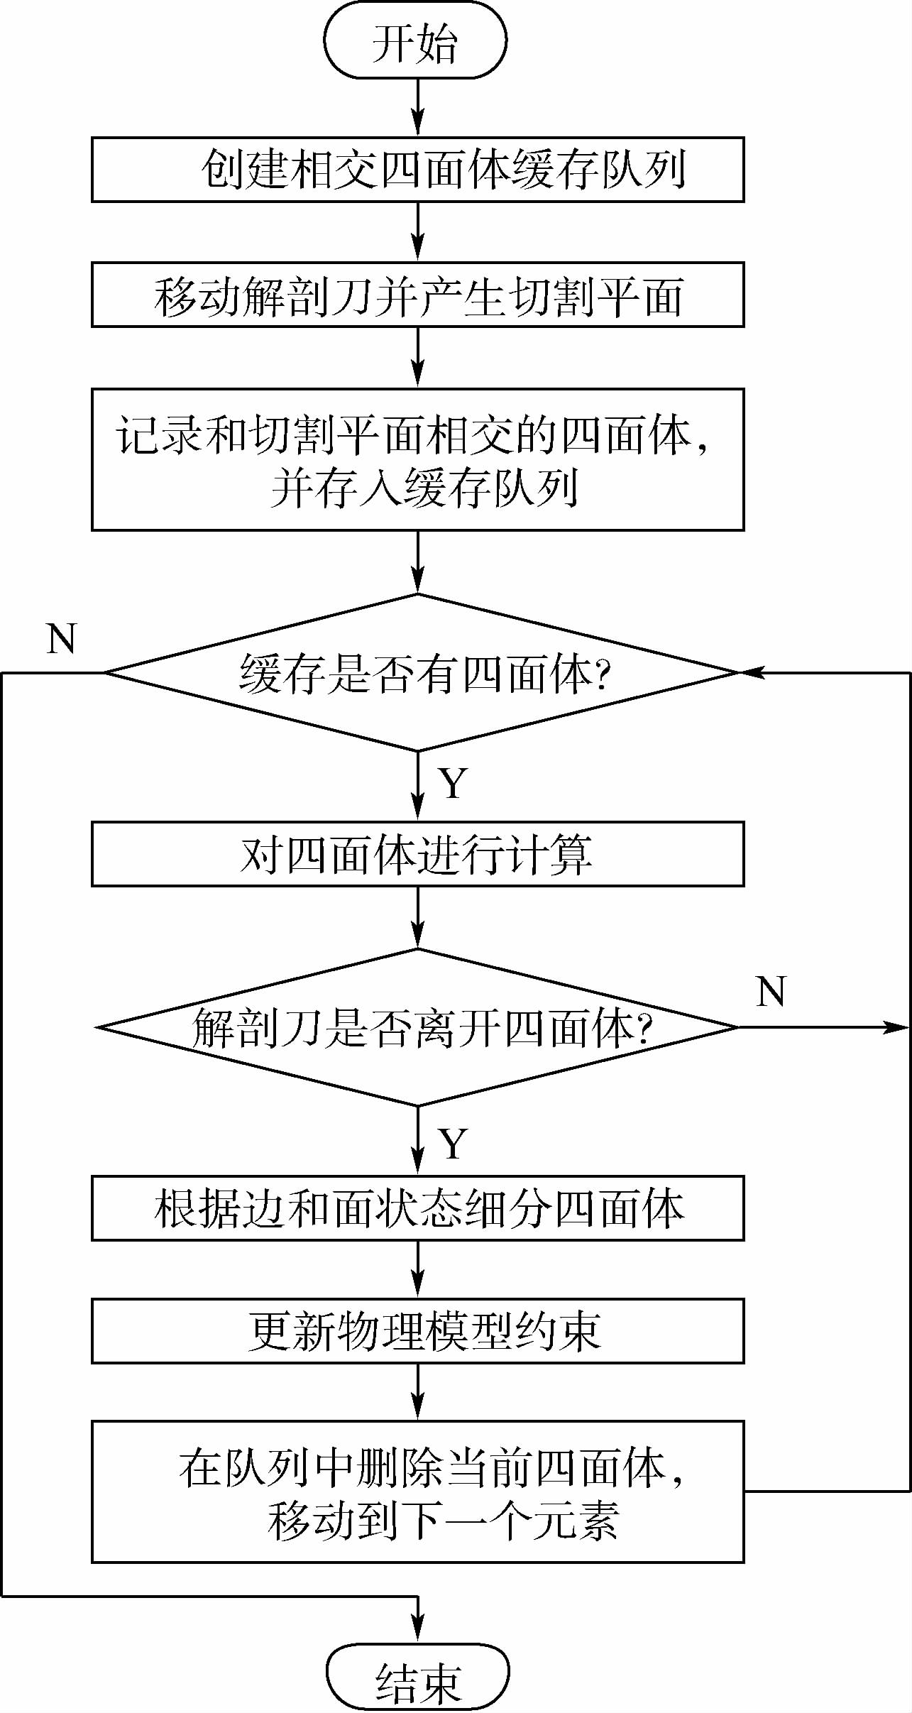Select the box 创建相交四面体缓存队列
(x=417, y=170)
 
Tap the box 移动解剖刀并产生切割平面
(x=417, y=295)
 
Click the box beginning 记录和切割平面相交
(x=417, y=459)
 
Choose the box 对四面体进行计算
(x=417, y=854)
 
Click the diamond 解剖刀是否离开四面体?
(x=417, y=1027)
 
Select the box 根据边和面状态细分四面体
(x=417, y=1208)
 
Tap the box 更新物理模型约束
(x=417, y=1331)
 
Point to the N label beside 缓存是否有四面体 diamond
(x=61, y=639)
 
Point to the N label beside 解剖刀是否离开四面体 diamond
(x=771, y=992)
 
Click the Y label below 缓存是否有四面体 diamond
(x=453, y=784)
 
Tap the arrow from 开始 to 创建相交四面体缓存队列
(x=418, y=107)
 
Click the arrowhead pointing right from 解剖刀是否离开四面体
(x=898, y=1027)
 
